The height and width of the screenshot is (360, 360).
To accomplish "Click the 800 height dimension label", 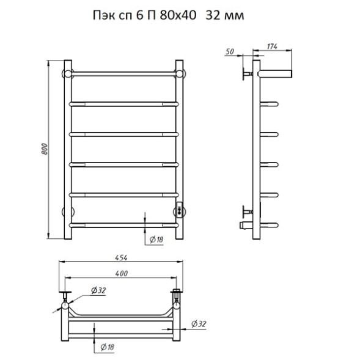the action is pyautogui.click(x=45, y=149).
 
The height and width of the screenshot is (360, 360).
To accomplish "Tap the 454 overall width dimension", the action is pyautogui.click(x=121, y=258).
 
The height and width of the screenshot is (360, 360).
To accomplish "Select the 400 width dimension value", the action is pyautogui.click(x=122, y=273).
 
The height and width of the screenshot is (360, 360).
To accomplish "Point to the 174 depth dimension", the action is pyautogui.click(x=272, y=46).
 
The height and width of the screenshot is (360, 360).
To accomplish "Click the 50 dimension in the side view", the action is pyautogui.click(x=230, y=52).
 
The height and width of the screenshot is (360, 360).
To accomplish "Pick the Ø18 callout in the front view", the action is pyautogui.click(x=156, y=240).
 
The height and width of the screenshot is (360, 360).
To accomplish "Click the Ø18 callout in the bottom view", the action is pyautogui.click(x=107, y=347).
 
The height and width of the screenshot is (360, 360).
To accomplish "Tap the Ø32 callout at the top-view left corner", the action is pyautogui.click(x=98, y=290).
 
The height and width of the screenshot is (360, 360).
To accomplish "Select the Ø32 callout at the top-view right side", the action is pyautogui.click(x=199, y=324).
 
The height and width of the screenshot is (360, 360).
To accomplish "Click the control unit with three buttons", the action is pyautogui.click(x=179, y=210).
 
